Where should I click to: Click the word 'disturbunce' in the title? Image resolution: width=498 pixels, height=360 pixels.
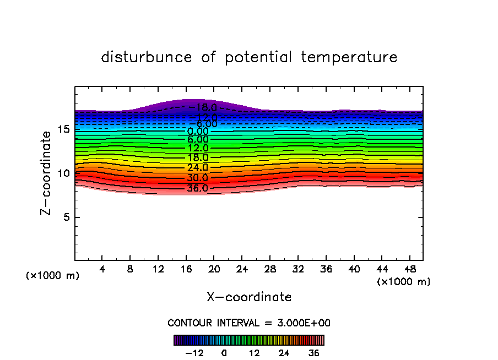pyautogui.click(x=147, y=57)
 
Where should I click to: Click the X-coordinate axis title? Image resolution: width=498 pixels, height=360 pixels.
pyautogui.click(x=249, y=297)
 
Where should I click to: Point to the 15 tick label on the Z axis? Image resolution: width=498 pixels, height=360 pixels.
pyautogui.click(x=62, y=129)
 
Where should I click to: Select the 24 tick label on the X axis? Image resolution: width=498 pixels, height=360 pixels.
pyautogui.click(x=242, y=270)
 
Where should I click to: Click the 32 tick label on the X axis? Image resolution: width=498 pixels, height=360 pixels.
pyautogui.click(x=297, y=270)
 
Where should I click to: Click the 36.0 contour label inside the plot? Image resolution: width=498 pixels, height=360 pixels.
pyautogui.click(x=197, y=188)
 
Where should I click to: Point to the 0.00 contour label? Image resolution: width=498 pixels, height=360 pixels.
pyautogui.click(x=198, y=132)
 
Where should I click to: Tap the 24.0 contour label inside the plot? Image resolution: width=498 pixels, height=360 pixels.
pyautogui.click(x=197, y=167)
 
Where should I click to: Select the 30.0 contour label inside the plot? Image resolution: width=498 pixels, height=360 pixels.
pyautogui.click(x=197, y=178)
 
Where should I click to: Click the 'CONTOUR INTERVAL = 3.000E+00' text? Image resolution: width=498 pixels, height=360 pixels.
pyautogui.click(x=249, y=323)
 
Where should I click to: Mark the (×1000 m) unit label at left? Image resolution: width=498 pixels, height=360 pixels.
pyautogui.click(x=53, y=276)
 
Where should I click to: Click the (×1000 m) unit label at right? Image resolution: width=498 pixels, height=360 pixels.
pyautogui.click(x=404, y=282)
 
